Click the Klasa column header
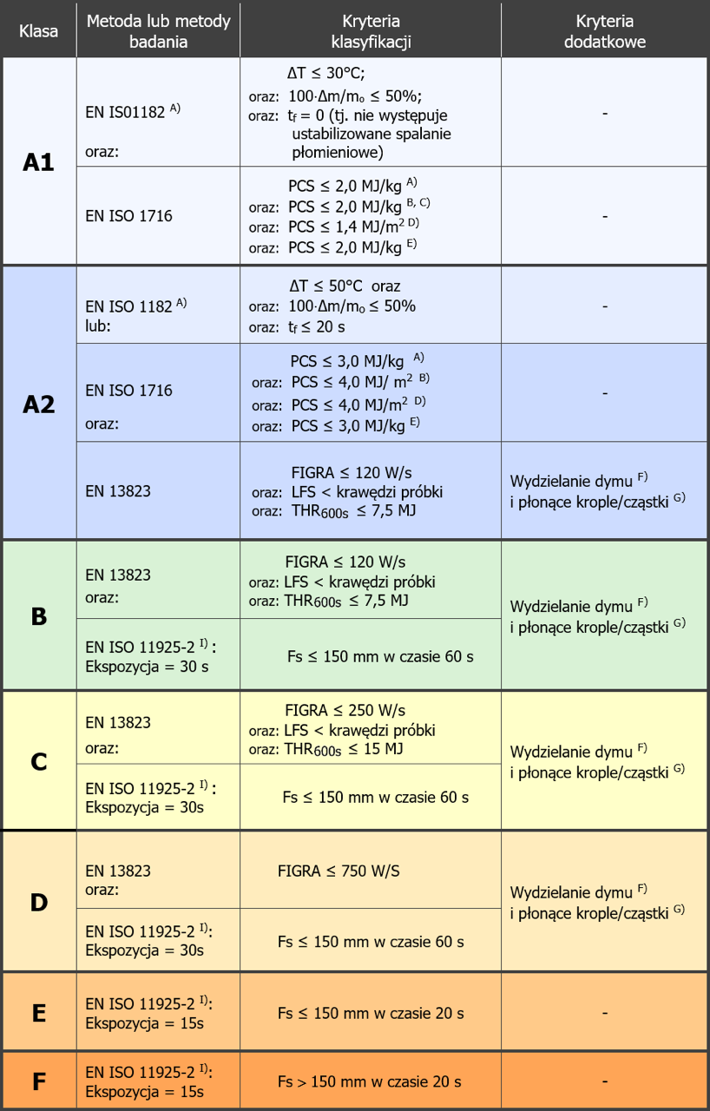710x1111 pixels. click(39, 31)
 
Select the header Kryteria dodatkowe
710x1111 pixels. click(604, 31)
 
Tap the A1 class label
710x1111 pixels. click(38, 162)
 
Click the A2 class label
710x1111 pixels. click(39, 404)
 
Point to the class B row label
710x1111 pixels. click(39, 616)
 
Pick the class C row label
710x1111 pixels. click(39, 762)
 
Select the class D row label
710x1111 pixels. click(39, 902)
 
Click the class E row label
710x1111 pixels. click(39, 1013)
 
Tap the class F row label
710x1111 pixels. click(39, 1081)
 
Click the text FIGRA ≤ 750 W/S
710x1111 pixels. click(339, 871)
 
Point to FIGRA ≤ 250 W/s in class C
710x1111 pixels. click(345, 710)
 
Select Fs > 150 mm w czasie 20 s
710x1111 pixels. click(370, 1081)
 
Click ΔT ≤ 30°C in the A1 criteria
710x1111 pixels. click(325, 74)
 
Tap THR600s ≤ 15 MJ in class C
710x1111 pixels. click(344, 749)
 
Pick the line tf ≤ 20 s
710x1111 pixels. click(316, 327)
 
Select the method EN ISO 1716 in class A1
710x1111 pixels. click(129, 216)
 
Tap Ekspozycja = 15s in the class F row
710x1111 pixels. click(144, 1092)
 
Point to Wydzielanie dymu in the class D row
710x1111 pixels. click(571, 893)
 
